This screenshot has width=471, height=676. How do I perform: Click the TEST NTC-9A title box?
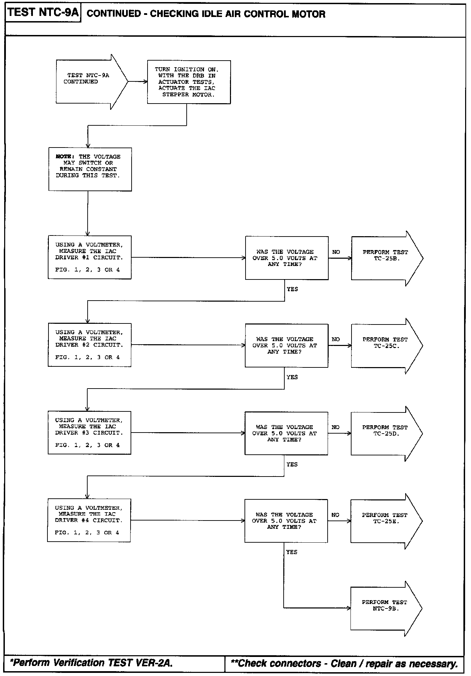tap(43, 13)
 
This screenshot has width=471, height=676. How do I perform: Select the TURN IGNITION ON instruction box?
tap(189, 82)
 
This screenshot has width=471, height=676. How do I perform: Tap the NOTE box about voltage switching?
tap(90, 169)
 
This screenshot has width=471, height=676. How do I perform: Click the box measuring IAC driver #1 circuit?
tap(90, 257)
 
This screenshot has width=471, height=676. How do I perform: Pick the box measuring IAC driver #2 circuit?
tap(89, 345)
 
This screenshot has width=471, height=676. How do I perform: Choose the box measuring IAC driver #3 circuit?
tap(89, 433)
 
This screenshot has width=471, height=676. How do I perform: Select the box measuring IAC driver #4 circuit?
tap(89, 520)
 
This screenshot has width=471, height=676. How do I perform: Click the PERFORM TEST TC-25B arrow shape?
tap(387, 258)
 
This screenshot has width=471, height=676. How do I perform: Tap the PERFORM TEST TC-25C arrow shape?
tap(387, 346)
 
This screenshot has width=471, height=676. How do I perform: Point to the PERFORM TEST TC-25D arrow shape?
tap(386, 434)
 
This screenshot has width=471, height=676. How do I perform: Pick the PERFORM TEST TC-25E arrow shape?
tap(386, 521)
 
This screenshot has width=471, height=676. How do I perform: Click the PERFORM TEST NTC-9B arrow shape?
tap(386, 609)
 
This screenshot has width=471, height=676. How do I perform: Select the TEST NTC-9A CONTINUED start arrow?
tap(92, 82)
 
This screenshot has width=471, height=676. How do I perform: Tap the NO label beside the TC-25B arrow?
tap(336, 252)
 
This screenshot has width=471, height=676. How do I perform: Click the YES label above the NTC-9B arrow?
tap(292, 552)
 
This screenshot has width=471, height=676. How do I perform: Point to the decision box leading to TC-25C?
tap(286, 346)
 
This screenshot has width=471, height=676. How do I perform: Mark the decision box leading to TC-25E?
tap(286, 521)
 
